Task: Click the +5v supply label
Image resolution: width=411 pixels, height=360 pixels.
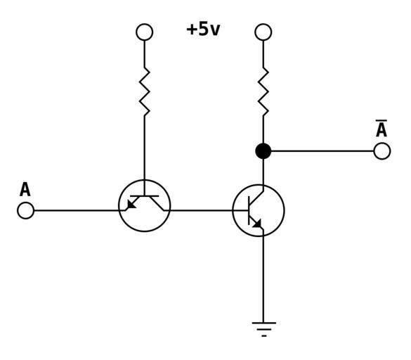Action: pos(203,29)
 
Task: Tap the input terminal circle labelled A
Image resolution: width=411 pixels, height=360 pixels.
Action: pos(26,210)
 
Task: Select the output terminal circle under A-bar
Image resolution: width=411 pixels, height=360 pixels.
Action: pos(382,151)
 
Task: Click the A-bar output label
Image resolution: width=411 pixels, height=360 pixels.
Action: pos(381,128)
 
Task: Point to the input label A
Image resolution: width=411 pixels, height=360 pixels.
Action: pos(25,189)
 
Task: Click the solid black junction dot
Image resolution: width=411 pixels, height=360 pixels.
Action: pos(263,151)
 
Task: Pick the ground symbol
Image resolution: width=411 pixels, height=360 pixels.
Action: pos(263,329)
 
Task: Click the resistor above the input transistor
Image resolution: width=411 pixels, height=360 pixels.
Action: pos(145,91)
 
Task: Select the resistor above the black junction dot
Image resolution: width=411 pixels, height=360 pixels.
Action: pos(263,91)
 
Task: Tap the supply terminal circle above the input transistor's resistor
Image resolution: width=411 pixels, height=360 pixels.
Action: pos(145,32)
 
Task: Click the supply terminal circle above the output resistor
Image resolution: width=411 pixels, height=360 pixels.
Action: pos(263,32)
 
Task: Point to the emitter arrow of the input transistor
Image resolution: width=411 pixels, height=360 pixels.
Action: pos(131,204)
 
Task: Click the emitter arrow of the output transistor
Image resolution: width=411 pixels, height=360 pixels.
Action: pos(257,224)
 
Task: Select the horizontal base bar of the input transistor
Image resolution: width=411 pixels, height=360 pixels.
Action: pos(145,196)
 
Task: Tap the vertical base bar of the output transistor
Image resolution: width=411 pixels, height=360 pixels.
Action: pos(249,210)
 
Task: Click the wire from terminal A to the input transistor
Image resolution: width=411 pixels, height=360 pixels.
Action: pos(79,210)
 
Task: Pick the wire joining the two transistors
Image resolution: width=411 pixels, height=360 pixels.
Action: pos(207,210)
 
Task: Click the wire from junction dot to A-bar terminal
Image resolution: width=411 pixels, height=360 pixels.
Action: pos(322,151)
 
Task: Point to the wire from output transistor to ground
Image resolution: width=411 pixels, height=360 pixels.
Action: pos(263,276)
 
